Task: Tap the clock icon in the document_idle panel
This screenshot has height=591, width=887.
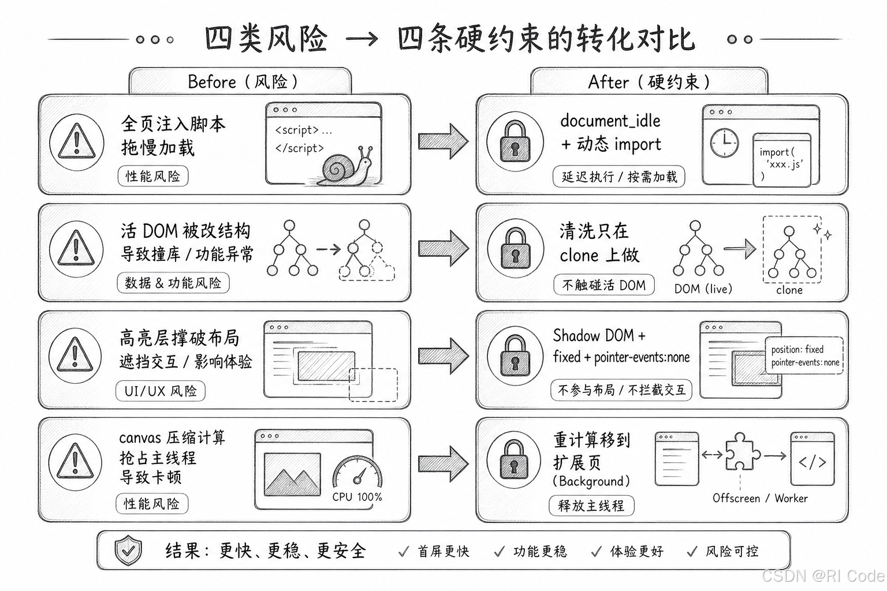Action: click(x=724, y=143)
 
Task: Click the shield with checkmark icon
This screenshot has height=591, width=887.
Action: click(x=128, y=550)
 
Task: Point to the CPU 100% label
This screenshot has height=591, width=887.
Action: click(x=357, y=497)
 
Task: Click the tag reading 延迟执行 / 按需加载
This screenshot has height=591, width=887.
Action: click(x=619, y=177)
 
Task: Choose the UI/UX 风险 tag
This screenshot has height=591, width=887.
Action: click(x=161, y=391)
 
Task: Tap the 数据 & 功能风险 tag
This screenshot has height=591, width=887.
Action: click(x=173, y=283)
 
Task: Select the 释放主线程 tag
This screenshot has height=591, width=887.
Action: click(x=591, y=506)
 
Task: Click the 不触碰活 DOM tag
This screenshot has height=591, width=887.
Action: click(x=604, y=285)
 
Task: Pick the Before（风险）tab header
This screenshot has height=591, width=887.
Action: click(x=240, y=81)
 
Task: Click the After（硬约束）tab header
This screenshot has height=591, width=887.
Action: click(x=649, y=81)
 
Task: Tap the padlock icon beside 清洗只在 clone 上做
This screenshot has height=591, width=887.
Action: click(x=515, y=249)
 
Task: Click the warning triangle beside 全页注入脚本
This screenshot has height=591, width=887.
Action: click(x=77, y=141)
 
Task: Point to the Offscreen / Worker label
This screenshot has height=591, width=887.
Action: click(x=760, y=499)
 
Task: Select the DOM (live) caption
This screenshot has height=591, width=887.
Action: click(x=703, y=289)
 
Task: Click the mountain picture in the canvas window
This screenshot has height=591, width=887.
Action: click(x=292, y=474)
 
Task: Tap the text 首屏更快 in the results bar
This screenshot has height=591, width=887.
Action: click(x=443, y=551)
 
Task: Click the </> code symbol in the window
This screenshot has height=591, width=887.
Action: click(x=813, y=462)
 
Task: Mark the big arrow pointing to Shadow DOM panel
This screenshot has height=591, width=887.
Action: click(x=443, y=355)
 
